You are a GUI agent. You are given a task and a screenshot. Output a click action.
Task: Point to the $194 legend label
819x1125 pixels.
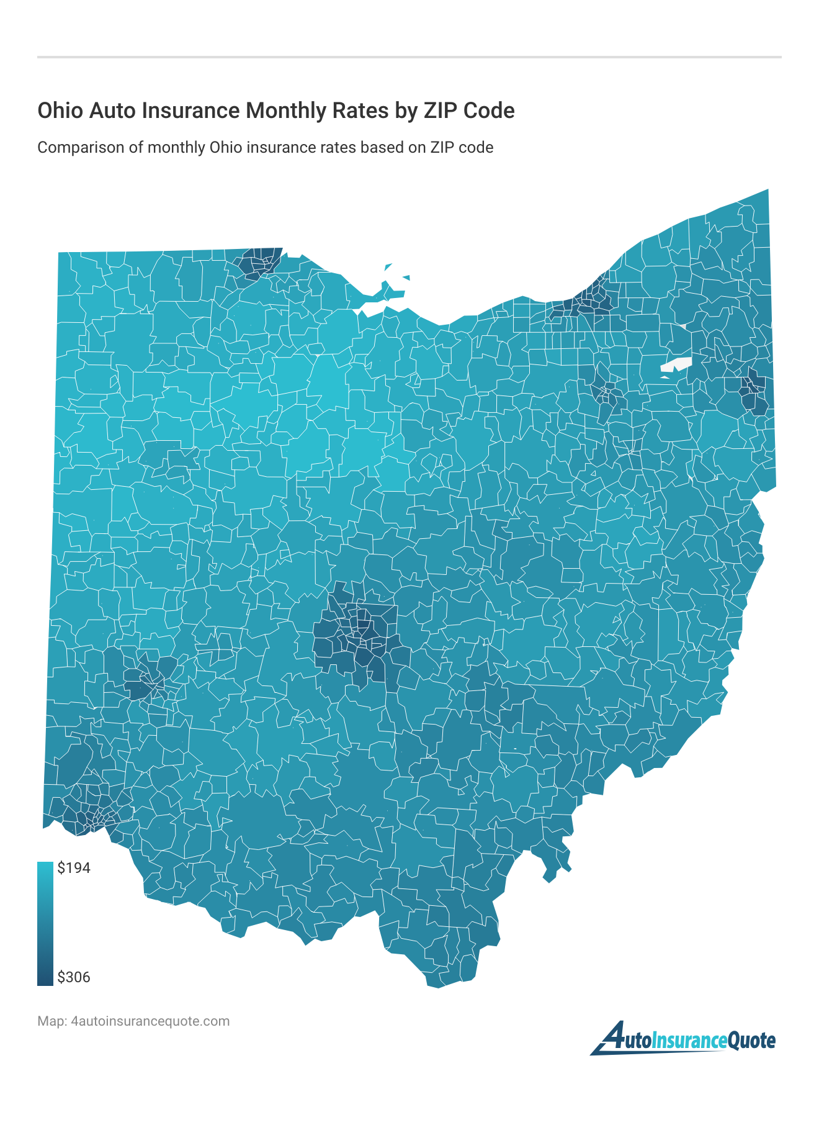coord(74,868)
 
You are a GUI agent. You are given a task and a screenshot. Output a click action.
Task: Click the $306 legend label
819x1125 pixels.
coord(74,977)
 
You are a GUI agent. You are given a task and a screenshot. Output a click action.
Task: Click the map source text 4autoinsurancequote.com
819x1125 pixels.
coord(150,1021)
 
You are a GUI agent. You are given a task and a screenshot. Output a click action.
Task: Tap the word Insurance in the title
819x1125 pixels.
coord(189,111)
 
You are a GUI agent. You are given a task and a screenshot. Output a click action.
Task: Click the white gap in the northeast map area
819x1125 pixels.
coord(675,366)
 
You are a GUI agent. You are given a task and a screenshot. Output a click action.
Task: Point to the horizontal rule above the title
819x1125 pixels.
coord(409,57)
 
